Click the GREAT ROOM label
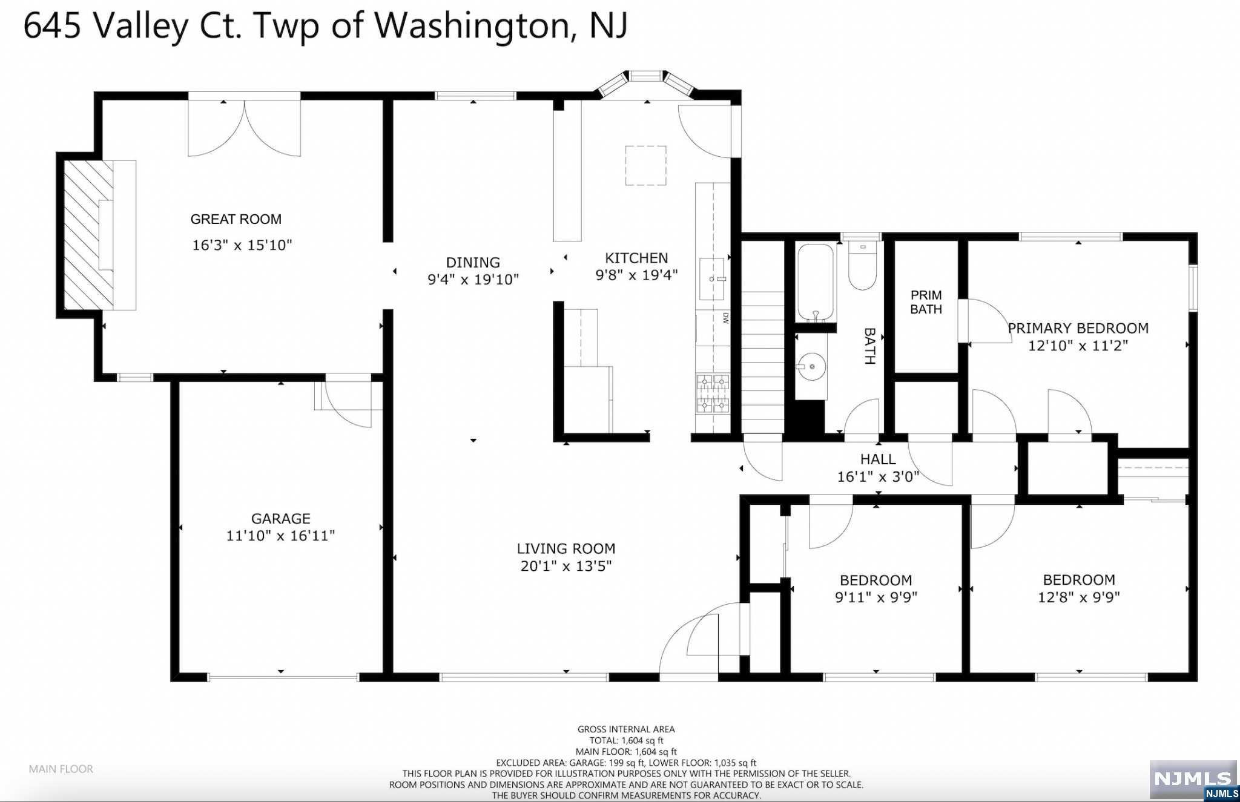(x=236, y=219)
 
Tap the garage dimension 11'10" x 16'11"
(x=280, y=536)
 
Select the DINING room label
(x=473, y=262)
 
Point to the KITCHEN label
(x=636, y=258)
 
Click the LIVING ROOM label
(x=566, y=548)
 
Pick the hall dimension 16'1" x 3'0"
(x=878, y=477)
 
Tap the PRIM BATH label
(x=926, y=302)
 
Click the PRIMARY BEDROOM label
(x=1078, y=328)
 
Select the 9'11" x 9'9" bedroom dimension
(x=876, y=597)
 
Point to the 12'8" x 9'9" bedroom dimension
(x=1079, y=597)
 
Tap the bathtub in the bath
(x=816, y=282)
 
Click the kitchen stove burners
(x=713, y=394)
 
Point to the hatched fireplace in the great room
(x=89, y=235)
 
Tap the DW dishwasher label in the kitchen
(x=725, y=318)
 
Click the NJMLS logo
(x=1193, y=780)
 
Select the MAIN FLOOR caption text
(x=61, y=769)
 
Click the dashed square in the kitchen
(x=645, y=165)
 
